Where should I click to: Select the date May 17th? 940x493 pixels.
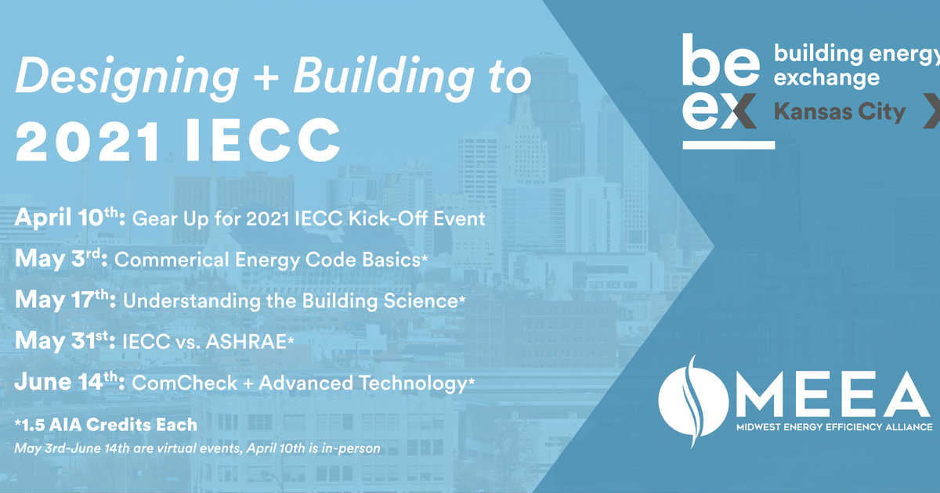pos(65,300)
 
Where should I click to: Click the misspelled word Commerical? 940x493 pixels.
pos(164,259)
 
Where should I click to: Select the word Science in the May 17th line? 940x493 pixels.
pos(423,300)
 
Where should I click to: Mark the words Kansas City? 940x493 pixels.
pos(839,112)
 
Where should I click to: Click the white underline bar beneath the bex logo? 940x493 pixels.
pos(728,145)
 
